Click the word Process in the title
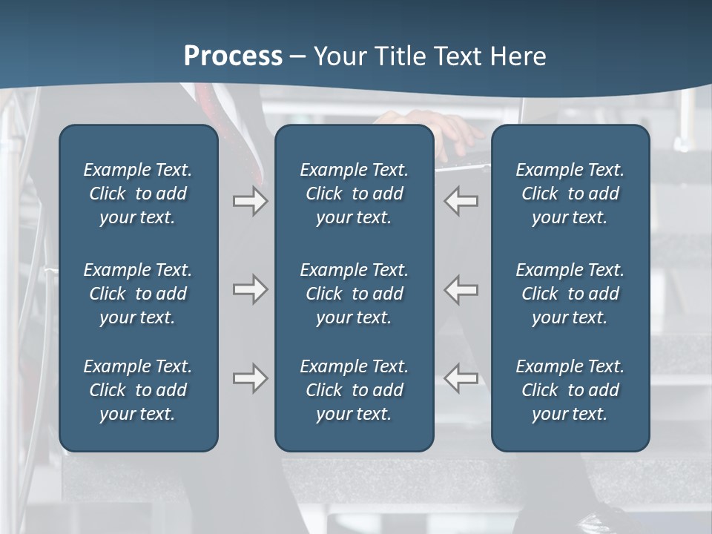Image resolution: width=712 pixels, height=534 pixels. tap(233, 56)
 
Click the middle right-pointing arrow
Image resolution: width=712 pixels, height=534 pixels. tap(250, 289)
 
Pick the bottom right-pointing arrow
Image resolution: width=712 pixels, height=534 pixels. tap(250, 378)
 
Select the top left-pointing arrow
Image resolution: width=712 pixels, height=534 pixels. tap(461, 201)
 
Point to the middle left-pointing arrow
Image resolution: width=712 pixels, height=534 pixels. tap(461, 289)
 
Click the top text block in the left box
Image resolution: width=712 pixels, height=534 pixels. tap(138, 194)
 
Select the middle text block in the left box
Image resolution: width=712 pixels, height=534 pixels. tap(138, 294)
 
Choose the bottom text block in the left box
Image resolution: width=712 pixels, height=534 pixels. tap(138, 390)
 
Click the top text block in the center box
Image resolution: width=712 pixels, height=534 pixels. tap(354, 194)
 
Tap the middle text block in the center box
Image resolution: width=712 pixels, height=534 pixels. tap(354, 294)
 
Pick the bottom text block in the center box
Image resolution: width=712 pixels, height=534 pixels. tap(354, 390)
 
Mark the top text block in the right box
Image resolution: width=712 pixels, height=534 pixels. tap(570, 194)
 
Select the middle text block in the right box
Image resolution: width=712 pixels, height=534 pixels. tap(570, 294)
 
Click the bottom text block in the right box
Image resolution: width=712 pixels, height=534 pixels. tap(570, 390)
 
